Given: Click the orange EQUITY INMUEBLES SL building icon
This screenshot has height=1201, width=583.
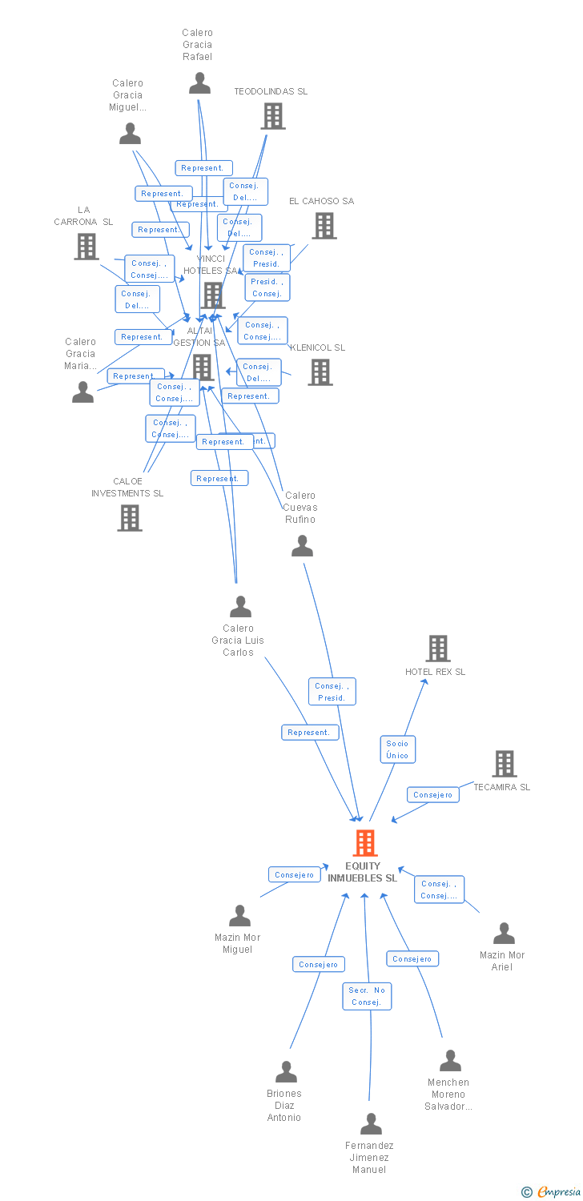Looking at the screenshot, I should (364, 843).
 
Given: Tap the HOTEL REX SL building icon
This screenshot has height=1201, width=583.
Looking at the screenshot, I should (437, 649).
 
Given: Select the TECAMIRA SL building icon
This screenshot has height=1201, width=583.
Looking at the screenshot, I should (504, 764).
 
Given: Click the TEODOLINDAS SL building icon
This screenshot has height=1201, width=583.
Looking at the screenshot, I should (272, 116).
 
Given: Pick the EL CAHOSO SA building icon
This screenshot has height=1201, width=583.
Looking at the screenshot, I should (324, 226).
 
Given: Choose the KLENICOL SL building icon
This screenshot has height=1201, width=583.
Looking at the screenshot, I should (320, 372).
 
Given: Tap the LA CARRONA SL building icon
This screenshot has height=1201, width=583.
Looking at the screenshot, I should (86, 247).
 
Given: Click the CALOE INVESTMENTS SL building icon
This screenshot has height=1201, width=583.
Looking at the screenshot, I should (129, 518).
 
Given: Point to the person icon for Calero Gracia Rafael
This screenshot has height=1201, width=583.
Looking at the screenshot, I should (199, 82).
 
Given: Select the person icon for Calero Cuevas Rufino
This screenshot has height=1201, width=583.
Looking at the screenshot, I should (302, 546).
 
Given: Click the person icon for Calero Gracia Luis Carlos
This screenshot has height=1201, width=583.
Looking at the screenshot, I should (240, 607).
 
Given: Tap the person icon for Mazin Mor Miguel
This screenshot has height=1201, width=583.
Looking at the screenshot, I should (239, 916).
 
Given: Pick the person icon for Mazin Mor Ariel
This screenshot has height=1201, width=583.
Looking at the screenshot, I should (504, 934).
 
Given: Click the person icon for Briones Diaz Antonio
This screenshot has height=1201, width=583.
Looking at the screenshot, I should (286, 1072).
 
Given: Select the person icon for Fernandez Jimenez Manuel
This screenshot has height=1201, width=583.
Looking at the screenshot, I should (371, 1124).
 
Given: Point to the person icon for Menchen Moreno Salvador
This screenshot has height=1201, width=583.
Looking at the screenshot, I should (450, 1061).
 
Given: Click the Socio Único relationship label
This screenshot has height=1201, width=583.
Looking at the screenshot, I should (397, 749).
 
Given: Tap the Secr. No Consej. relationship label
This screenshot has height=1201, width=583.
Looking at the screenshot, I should (368, 996).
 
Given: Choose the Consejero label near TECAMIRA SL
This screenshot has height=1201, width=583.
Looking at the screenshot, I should (433, 795).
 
